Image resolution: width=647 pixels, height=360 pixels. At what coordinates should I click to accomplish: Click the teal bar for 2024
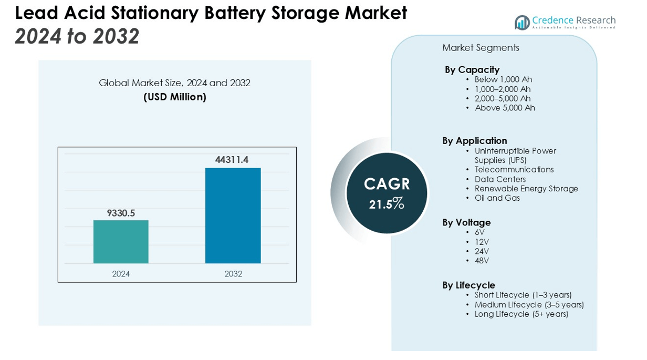click(121, 242)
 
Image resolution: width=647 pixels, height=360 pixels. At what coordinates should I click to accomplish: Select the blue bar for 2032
click(233, 215)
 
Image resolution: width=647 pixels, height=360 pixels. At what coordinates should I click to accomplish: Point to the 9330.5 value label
click(121, 213)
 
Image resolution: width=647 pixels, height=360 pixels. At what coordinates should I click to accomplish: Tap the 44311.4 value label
click(232, 159)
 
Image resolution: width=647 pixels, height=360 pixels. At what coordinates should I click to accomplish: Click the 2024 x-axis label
click(121, 274)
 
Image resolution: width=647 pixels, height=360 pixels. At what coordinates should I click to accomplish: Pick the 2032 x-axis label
click(233, 274)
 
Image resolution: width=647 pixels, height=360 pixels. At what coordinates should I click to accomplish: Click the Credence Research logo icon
click(522, 23)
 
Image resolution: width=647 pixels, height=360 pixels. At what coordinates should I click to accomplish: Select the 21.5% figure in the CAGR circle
click(387, 204)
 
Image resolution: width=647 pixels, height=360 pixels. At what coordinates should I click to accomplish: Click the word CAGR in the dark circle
click(387, 184)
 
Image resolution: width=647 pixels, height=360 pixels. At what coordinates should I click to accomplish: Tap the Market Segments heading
click(481, 48)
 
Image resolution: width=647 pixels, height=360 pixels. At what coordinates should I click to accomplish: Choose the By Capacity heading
click(472, 69)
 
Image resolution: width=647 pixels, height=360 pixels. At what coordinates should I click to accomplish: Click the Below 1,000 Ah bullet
click(503, 79)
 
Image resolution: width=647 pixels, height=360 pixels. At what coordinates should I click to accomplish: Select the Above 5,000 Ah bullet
click(505, 108)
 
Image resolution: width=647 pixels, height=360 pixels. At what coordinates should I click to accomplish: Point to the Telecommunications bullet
click(514, 169)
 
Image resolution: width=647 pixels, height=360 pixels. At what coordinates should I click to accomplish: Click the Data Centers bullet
click(500, 179)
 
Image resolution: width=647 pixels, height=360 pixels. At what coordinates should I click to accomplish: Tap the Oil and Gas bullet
click(497, 198)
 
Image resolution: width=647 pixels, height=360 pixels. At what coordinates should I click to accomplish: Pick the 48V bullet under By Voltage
click(482, 261)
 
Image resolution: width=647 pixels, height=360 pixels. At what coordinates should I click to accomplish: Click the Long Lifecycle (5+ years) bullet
click(521, 314)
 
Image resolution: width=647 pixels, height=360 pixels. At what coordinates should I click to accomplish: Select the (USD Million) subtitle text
click(175, 97)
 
